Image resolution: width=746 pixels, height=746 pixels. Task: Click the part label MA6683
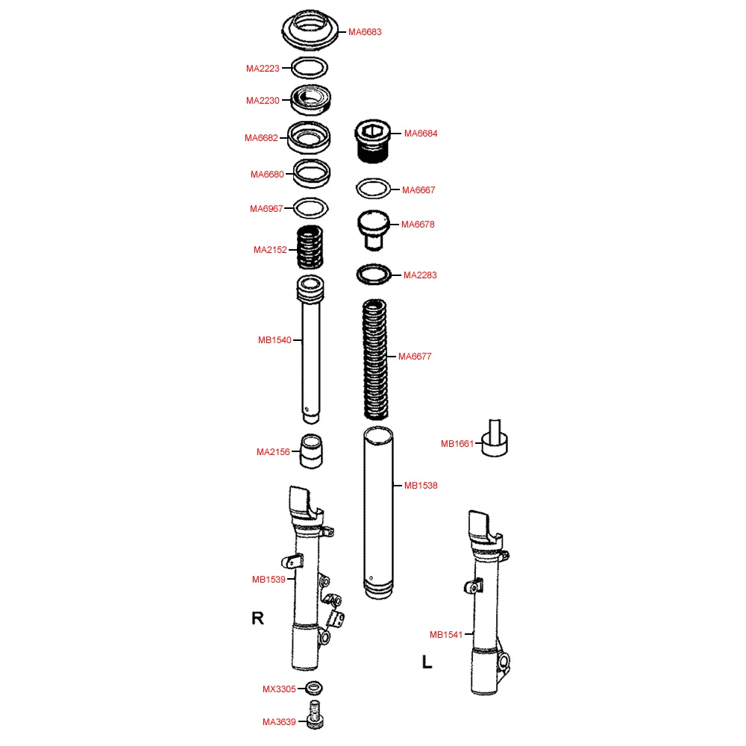coord(365,32)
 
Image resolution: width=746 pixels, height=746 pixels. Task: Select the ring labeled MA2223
coord(310,60)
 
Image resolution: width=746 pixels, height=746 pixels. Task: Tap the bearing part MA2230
coord(310,100)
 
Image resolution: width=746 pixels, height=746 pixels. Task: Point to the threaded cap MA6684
coord(373,141)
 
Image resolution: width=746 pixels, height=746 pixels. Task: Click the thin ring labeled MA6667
coord(374,180)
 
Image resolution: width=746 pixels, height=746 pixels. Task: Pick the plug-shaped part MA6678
coord(374,230)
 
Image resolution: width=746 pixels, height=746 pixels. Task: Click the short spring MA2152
coord(310,248)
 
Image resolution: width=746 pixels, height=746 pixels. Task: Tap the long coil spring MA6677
coord(375,360)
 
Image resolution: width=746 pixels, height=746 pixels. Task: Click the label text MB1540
coord(275,340)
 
